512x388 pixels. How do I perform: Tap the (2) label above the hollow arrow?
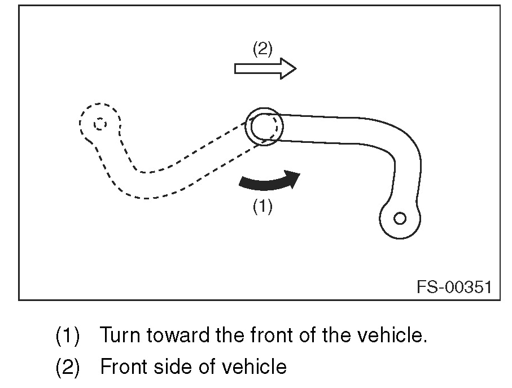pyautogui.click(x=262, y=49)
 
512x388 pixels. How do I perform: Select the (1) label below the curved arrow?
pyautogui.click(x=262, y=207)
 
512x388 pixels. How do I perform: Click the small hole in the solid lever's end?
pyautogui.click(x=400, y=218)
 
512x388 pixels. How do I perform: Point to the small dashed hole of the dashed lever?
pyautogui.click(x=99, y=124)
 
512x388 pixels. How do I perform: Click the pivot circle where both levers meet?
pyautogui.click(x=263, y=126)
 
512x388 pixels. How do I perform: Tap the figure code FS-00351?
pyautogui.click(x=454, y=287)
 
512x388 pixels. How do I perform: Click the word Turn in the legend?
pyautogui.click(x=121, y=336)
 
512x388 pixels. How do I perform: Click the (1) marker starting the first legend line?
pyautogui.click(x=68, y=337)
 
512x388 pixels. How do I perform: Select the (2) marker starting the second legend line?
pyautogui.click(x=68, y=368)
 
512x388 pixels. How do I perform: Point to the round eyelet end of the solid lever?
pyautogui.click(x=400, y=219)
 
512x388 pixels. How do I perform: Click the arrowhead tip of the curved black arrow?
pyautogui.click(x=298, y=174)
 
